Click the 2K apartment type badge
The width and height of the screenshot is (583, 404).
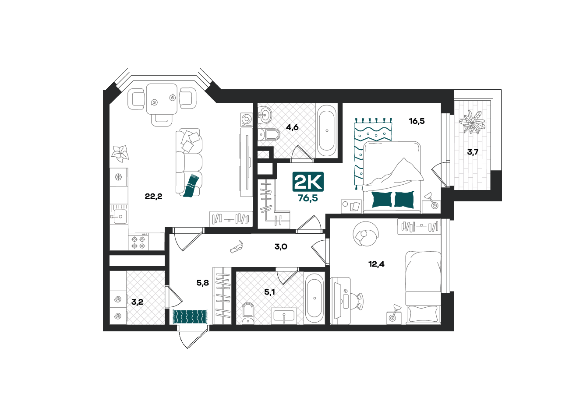click(308, 182)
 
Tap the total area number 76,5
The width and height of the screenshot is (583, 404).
click(308, 198)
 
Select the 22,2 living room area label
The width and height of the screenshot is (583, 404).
click(154, 196)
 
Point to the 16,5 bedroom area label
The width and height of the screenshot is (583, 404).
click(417, 121)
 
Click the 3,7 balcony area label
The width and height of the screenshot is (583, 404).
click(473, 152)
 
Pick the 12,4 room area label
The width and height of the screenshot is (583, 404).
click(376, 264)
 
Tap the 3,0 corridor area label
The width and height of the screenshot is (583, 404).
click(281, 246)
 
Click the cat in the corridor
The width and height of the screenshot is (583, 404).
click(237, 246)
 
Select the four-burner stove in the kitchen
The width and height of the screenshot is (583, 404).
click(138, 242)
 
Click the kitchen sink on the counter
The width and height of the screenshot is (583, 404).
click(119, 216)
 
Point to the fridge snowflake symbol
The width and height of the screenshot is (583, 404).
click(118, 177)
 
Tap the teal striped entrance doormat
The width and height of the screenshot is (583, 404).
click(190, 316)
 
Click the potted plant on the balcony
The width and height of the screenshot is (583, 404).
click(472, 122)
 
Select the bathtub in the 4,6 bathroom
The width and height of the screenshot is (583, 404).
click(327, 130)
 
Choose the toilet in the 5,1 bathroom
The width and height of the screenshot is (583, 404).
click(247, 313)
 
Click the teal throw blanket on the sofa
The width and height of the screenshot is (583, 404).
click(191, 186)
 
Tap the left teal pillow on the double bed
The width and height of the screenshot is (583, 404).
click(382, 200)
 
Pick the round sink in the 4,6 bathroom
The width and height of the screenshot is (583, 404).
click(265, 115)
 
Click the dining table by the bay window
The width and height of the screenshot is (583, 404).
click(162, 99)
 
